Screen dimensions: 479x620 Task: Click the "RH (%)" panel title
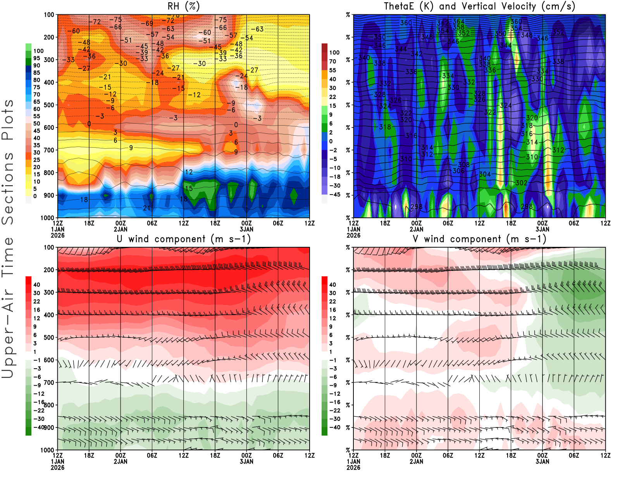coord(183,7)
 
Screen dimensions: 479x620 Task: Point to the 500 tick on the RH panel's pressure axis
coord(49,105)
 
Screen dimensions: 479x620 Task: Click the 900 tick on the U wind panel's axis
coord(49,427)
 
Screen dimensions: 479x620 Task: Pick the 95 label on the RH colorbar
coord(36,58)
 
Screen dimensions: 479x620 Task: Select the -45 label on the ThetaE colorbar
coord(334,195)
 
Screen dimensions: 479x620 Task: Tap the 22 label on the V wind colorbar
coord(332,302)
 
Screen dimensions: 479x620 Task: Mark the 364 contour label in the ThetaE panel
coord(458,22)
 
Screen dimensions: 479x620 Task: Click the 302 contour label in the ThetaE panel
coord(521,183)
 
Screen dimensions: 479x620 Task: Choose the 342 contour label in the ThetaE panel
coord(417,54)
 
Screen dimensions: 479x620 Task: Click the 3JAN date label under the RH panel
coord(246,229)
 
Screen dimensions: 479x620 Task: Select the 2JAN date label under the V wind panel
coord(416,462)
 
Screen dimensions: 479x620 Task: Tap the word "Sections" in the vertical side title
coord(8,188)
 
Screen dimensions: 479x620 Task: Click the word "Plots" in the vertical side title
coord(8,120)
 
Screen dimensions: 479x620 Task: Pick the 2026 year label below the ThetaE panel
coord(353,235)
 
